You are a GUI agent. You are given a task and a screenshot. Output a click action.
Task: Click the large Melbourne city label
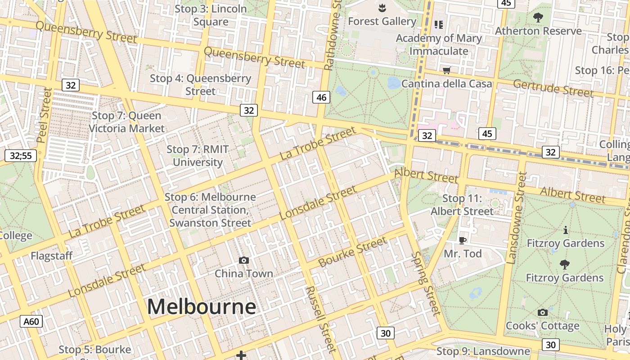click(x=202, y=307)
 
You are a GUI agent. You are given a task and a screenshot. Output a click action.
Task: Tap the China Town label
click(x=243, y=274)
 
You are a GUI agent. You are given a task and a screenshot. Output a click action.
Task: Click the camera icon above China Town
click(x=243, y=260)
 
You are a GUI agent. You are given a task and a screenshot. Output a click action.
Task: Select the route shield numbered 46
click(x=321, y=97)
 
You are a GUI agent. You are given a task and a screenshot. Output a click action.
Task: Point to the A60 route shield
click(x=32, y=321)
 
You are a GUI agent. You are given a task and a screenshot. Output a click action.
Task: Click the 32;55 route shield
click(x=21, y=156)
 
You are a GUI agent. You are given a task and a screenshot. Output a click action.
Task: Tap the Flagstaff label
click(x=52, y=256)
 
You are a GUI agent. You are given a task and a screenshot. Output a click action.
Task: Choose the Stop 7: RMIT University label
click(x=198, y=156)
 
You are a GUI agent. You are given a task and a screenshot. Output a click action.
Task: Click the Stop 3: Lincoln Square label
click(x=211, y=15)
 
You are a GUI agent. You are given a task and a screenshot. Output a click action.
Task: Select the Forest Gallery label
click(x=382, y=21)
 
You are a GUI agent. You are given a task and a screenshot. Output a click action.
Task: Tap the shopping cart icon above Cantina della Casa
click(x=446, y=70)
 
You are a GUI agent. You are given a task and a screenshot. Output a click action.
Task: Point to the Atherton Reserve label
click(x=538, y=31)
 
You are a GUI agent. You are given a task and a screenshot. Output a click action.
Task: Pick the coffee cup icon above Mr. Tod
click(x=462, y=240)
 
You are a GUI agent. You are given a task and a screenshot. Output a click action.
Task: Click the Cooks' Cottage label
click(x=542, y=325)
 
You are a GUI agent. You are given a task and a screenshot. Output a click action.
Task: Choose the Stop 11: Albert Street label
click(x=462, y=205)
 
